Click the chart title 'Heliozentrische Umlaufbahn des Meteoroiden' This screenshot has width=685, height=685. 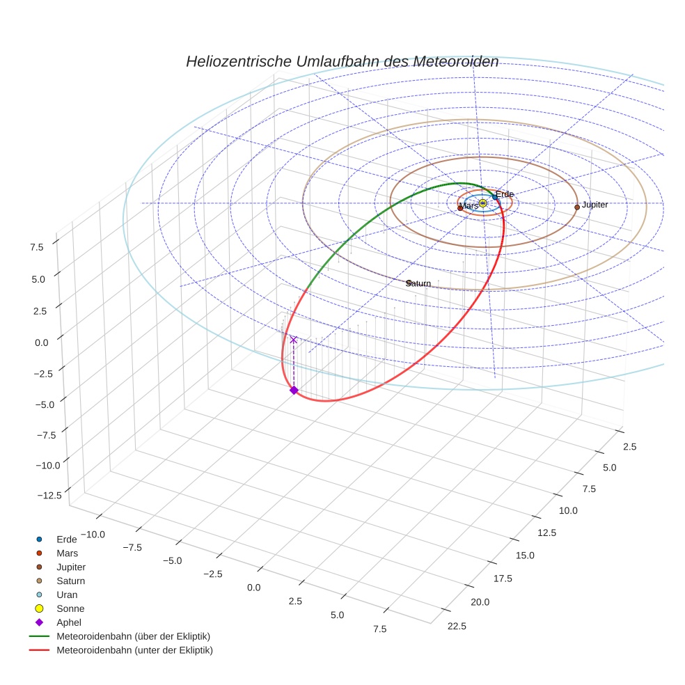coord(342,61)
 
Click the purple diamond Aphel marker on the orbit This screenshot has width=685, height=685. coord(294,391)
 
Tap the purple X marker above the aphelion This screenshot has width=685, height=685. coord(293,340)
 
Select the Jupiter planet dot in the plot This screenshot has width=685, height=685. coord(576,207)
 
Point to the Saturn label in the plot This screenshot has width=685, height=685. coord(418,283)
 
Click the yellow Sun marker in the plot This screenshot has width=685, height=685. coord(482,203)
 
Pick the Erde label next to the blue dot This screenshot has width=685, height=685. coord(505,194)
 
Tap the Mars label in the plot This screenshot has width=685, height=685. coord(469,206)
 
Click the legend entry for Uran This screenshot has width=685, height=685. coord(66,595)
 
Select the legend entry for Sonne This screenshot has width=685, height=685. coord(70,608)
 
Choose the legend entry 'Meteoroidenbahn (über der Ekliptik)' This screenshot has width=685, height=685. coord(133,636)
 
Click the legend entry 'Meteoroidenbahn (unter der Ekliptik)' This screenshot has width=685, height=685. coord(134,650)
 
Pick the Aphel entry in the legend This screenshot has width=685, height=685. coord(68,622)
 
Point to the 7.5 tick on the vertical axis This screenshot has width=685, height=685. coord(36,246)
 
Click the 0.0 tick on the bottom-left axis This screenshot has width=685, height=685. coord(253,588)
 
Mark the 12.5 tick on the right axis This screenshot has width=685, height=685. coord(546,533)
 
